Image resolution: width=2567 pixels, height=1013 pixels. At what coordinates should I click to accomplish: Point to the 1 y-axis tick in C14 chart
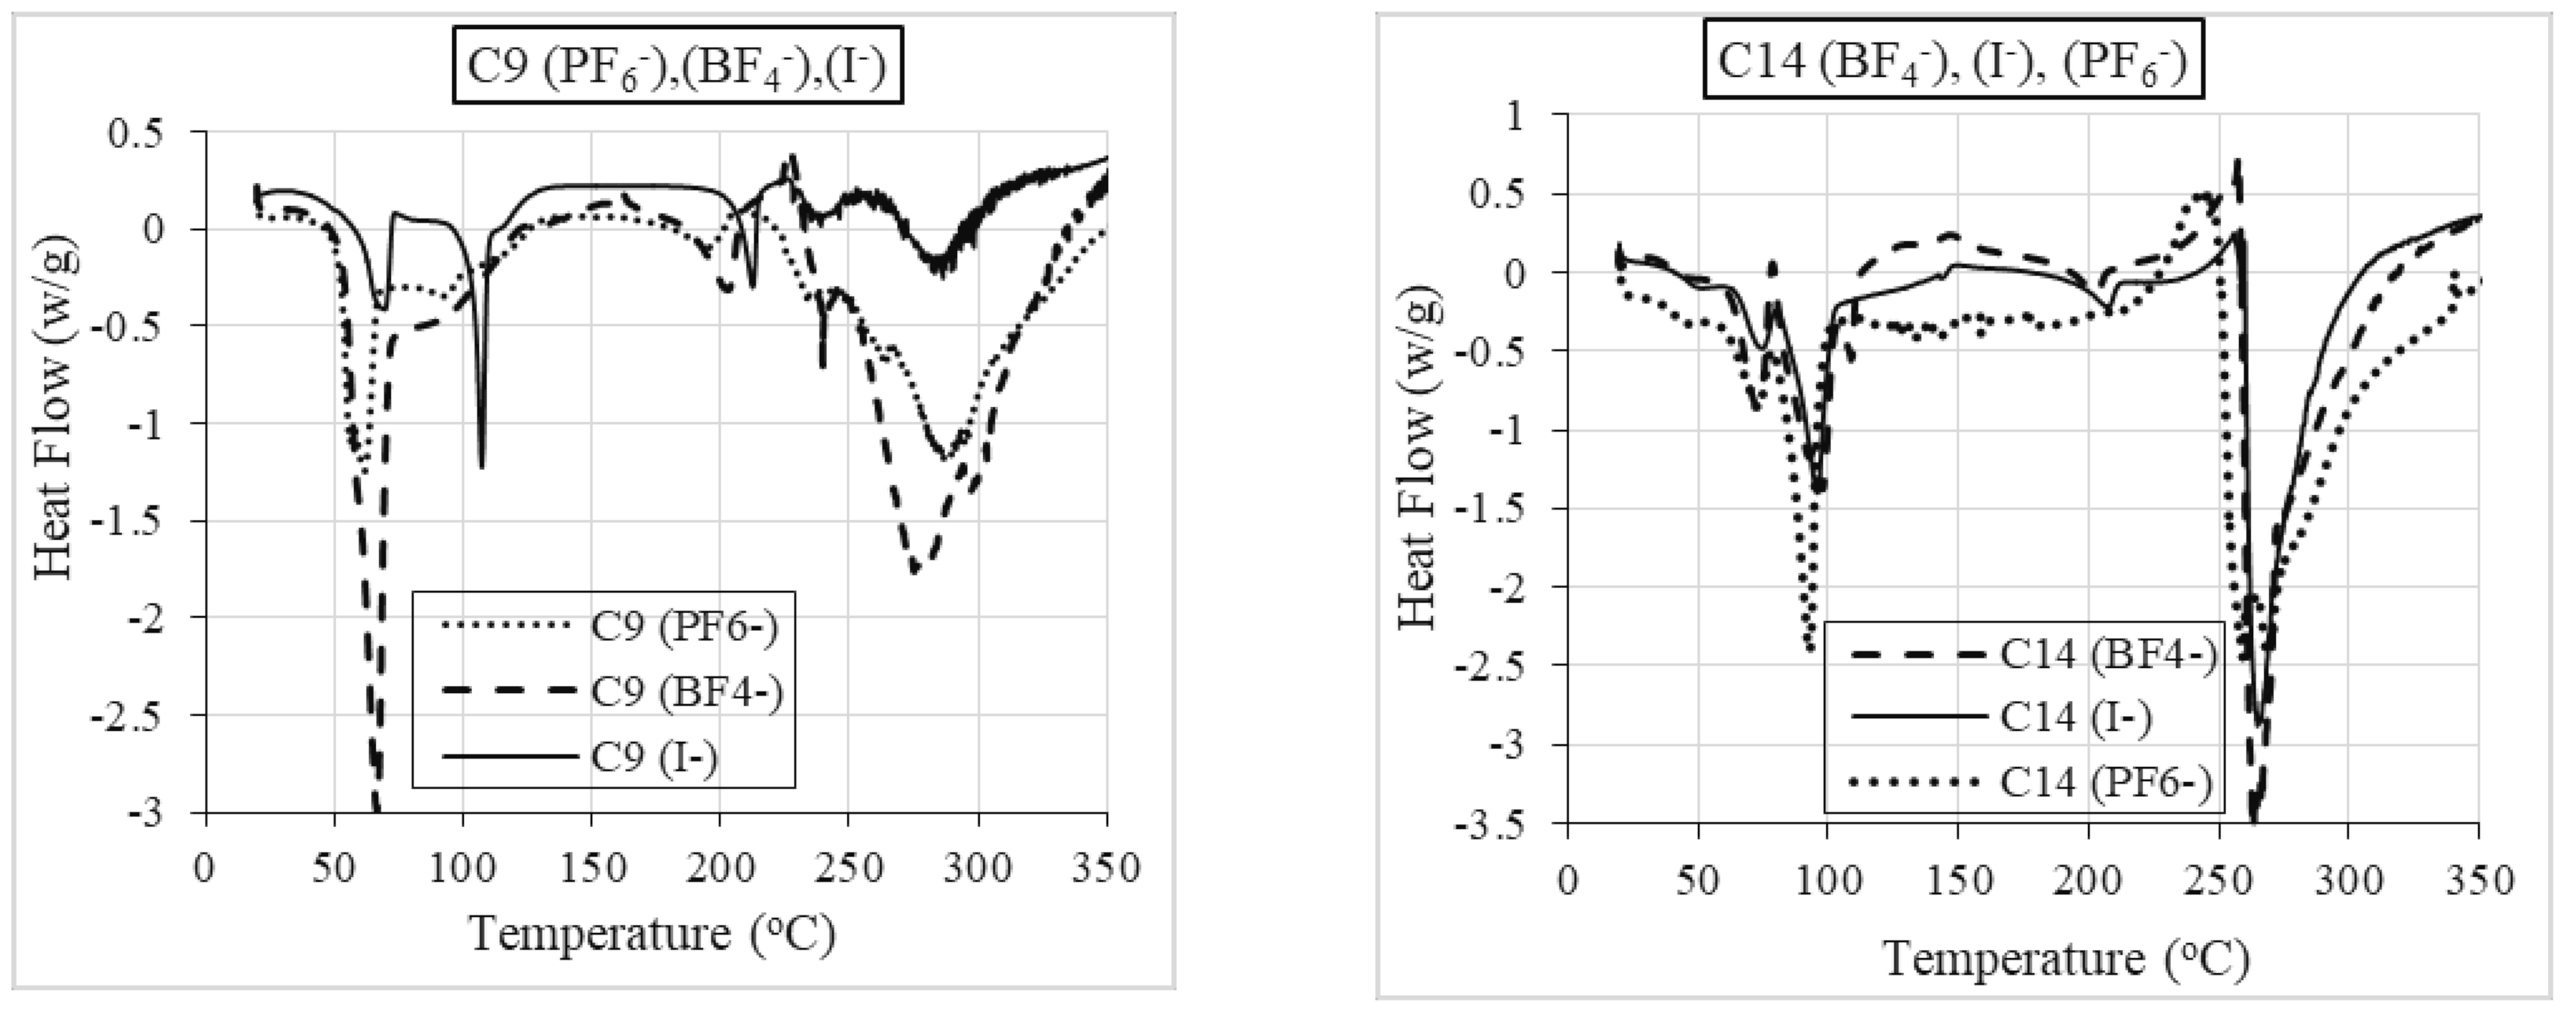tap(1516, 116)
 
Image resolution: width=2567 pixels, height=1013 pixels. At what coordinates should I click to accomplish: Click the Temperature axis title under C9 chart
tap(652, 934)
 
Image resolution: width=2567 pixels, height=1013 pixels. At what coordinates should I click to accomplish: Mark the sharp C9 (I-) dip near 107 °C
tap(481, 464)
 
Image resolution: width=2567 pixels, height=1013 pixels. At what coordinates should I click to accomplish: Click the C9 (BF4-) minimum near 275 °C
tap(914, 571)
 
